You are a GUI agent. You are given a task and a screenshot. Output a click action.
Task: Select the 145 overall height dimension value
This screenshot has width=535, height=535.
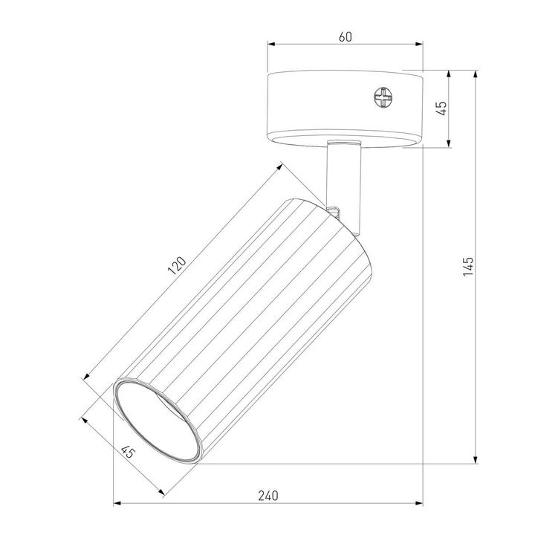point(467,265)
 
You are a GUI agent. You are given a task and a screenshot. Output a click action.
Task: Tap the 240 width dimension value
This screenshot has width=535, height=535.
point(268,495)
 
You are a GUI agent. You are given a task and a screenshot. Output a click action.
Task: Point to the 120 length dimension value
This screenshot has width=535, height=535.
point(177,265)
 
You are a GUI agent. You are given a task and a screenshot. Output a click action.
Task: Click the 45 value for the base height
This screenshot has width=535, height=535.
point(441,108)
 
